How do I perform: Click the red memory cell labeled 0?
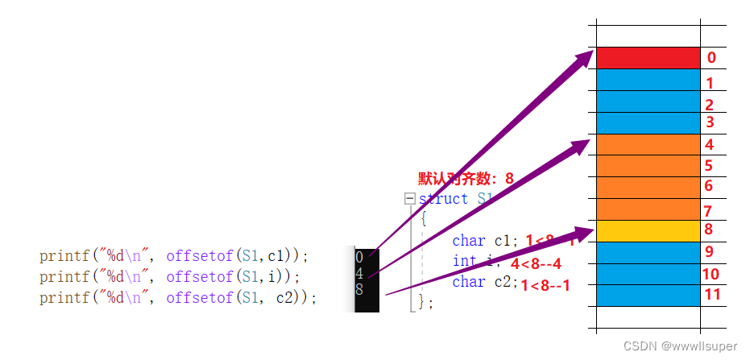pos(648,58)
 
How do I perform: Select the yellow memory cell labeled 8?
pos(648,230)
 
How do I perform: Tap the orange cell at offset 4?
pos(648,144)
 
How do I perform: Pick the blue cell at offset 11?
pos(648,295)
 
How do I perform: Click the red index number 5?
pos(708,166)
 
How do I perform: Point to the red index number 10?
pos(711,274)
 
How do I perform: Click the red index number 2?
pos(709,105)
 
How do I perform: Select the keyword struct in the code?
pos(443,198)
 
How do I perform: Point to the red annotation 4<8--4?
pos(536,263)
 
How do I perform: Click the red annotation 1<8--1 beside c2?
pos(545,285)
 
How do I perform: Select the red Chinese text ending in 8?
pos(466,178)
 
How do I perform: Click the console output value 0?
pos(358,257)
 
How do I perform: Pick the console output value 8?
pos(358,288)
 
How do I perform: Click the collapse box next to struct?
pos(410,198)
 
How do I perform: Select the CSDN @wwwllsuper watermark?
pos(681,346)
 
